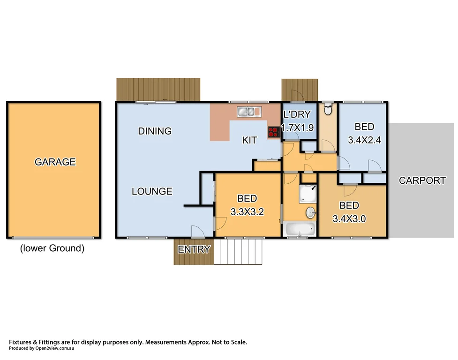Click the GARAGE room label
click(55, 162)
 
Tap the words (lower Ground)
click(52, 248)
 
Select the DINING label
click(155, 131)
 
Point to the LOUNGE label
click(151, 191)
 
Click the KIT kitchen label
click(249, 140)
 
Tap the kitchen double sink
click(249, 112)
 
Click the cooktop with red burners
click(273, 132)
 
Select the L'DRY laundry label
click(298, 115)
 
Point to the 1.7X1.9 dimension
click(297, 128)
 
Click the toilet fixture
click(328, 110)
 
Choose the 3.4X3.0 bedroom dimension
click(349, 218)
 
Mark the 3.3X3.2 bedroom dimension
click(247, 211)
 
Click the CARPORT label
click(422, 180)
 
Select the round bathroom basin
click(310, 213)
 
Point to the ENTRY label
click(194, 249)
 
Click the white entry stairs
click(238, 252)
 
